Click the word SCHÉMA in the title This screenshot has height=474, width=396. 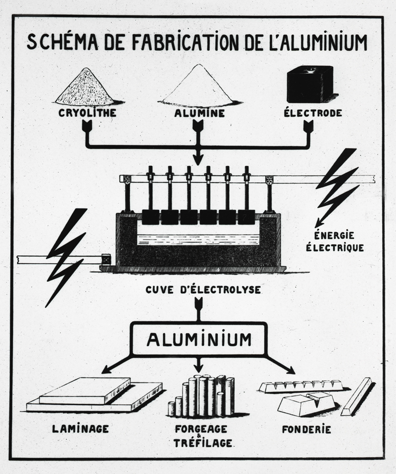[62, 42]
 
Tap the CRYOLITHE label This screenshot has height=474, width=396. [87, 113]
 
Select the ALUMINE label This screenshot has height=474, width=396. [199, 113]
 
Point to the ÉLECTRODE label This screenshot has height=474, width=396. [313, 113]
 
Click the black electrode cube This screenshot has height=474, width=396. [310, 84]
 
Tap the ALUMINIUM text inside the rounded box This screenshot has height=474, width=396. [199, 339]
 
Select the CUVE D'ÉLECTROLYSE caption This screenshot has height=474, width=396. [203, 289]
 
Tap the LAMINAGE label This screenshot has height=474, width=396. [81, 428]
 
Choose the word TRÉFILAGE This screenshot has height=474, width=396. [202, 443]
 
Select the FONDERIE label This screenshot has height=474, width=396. [306, 429]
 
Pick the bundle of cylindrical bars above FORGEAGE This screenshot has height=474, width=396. [201, 396]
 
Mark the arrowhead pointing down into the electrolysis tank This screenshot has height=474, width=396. [198, 159]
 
